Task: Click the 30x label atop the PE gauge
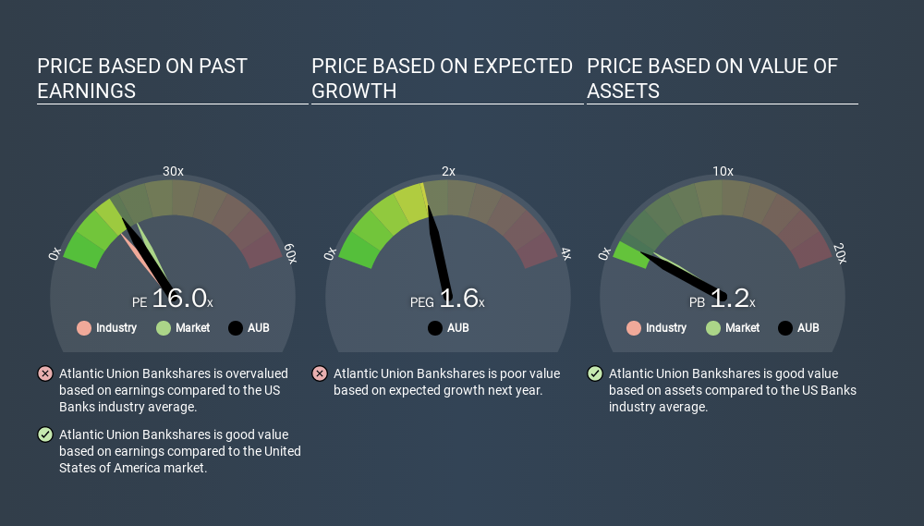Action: click(x=173, y=171)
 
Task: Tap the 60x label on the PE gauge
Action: click(x=290, y=253)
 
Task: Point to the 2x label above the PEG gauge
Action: click(x=448, y=171)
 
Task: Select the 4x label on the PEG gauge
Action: click(x=565, y=254)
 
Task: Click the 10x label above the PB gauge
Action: click(x=723, y=171)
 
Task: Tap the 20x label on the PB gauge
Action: click(x=840, y=253)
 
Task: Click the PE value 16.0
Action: click(x=179, y=299)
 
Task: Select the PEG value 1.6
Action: click(x=458, y=299)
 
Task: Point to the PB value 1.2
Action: click(x=730, y=299)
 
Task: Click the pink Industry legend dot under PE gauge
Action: click(x=84, y=328)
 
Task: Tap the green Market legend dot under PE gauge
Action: click(x=164, y=328)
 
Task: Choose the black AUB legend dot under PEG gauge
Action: click(x=435, y=328)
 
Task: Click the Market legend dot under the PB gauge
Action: click(x=713, y=328)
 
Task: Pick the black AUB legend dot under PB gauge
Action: click(x=784, y=328)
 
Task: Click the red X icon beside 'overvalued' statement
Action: click(x=45, y=373)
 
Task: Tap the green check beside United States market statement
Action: click(x=45, y=434)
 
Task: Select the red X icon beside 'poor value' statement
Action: click(x=320, y=373)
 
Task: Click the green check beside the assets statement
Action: click(x=595, y=373)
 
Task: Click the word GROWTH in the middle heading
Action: click(x=354, y=92)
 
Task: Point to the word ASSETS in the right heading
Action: click(x=624, y=92)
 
